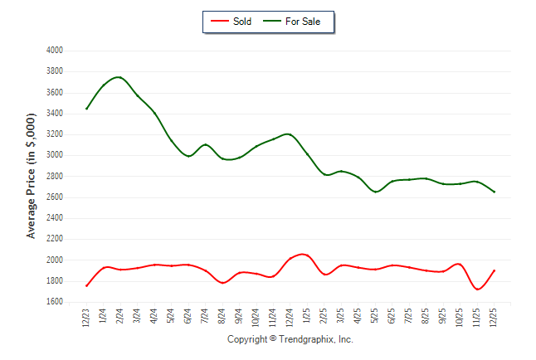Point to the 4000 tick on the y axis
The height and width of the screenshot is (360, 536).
point(55,51)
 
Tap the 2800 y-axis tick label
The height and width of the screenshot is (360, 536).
point(55,177)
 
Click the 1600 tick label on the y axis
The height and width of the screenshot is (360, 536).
point(55,302)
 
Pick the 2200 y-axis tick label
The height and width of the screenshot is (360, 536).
point(55,239)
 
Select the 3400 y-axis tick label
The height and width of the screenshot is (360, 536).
point(55,114)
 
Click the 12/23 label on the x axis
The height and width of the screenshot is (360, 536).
point(86,318)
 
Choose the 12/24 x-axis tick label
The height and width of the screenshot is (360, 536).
point(290,318)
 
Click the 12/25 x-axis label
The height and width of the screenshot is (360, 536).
point(494,318)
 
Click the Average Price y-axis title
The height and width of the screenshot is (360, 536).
point(31,176)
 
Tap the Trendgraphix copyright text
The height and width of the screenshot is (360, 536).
point(290,339)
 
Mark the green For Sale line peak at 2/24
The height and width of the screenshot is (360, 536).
point(119,77)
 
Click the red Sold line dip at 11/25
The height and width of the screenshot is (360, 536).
point(477,289)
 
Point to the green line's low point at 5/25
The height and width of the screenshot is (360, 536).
point(375,192)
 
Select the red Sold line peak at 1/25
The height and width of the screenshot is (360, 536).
point(305,254)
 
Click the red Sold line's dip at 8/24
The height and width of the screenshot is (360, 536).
point(222,283)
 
